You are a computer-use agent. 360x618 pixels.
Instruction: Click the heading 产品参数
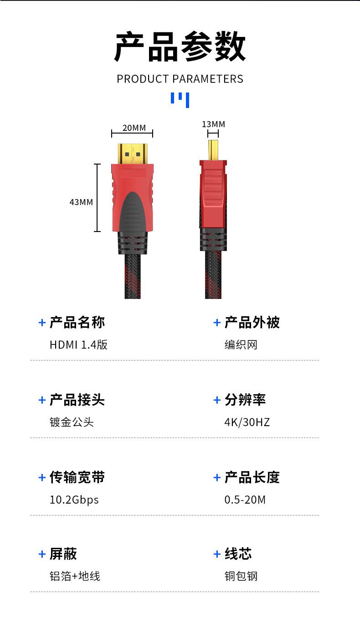pyautogui.click(x=180, y=47)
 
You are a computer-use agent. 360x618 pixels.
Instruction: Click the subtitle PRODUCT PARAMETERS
pyautogui.click(x=180, y=79)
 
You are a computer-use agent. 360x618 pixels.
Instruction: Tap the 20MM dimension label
pyautogui.click(x=134, y=128)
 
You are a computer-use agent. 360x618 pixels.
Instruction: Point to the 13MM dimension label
pyautogui.click(x=213, y=124)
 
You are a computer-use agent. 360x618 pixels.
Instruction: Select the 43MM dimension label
pyautogui.click(x=81, y=201)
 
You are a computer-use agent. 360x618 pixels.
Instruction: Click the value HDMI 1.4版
pyautogui.click(x=78, y=345)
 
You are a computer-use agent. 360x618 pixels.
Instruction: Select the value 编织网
pyautogui.click(x=241, y=345)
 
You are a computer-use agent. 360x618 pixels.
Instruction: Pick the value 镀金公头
pyautogui.click(x=72, y=422)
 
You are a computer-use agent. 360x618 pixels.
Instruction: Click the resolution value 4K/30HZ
pyautogui.click(x=247, y=422)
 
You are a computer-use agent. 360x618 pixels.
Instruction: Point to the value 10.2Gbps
pyautogui.click(x=74, y=500)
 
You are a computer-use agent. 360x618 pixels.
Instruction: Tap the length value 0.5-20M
pyautogui.click(x=245, y=500)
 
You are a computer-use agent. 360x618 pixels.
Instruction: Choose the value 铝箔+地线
pyautogui.click(x=75, y=577)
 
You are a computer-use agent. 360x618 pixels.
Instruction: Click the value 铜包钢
pyautogui.click(x=241, y=577)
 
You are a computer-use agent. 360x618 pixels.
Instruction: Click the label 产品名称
pyautogui.click(x=77, y=323)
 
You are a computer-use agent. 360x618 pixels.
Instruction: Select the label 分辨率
pyautogui.click(x=245, y=400)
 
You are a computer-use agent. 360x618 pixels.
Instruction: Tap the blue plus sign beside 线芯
pyautogui.click(x=217, y=554)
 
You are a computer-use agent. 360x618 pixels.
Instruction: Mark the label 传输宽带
pyautogui.click(x=77, y=478)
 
